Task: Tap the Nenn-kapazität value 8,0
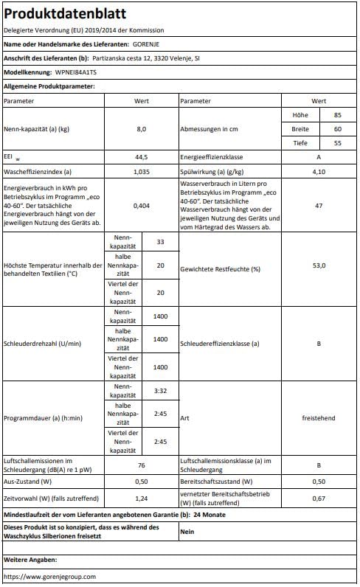tap(142, 129)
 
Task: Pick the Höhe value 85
tap(337, 115)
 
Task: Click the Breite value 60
tap(337, 129)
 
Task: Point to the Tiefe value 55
tap(337, 143)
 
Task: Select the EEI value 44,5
tap(142, 157)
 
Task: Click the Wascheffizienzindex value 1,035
tap(142, 171)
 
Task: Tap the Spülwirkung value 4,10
tap(319, 171)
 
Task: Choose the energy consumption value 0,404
tap(142, 206)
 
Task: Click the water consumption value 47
tap(319, 206)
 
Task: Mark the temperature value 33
tap(160, 243)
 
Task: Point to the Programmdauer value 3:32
tap(160, 391)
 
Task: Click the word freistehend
tap(319, 418)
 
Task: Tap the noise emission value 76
tap(142, 465)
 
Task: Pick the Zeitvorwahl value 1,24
tap(142, 499)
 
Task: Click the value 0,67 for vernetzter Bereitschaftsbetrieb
tap(319, 499)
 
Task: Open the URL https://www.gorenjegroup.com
tap(49, 576)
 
